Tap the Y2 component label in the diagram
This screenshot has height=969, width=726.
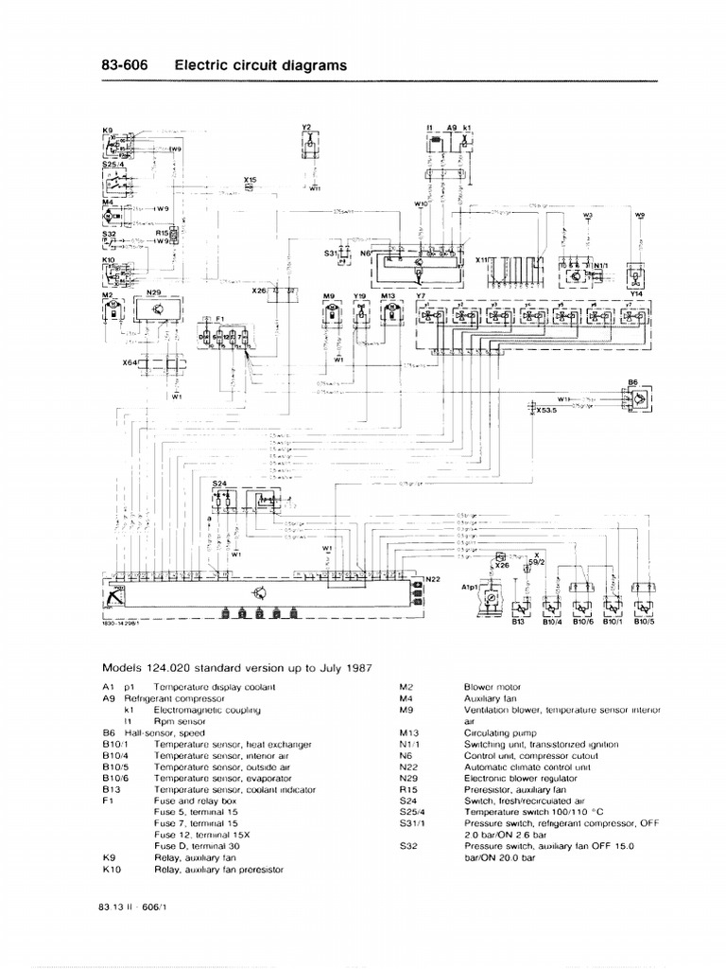(x=306, y=126)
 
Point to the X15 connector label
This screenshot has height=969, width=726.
(x=250, y=179)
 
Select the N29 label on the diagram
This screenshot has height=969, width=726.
(x=154, y=293)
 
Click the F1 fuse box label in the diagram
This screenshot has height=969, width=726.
(x=220, y=318)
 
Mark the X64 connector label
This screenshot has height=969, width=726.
(x=130, y=361)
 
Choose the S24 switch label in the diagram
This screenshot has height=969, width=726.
(x=219, y=483)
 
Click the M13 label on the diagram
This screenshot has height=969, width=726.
(x=388, y=295)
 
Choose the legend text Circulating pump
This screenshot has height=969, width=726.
(x=497, y=731)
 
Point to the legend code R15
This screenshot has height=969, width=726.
(x=407, y=788)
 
